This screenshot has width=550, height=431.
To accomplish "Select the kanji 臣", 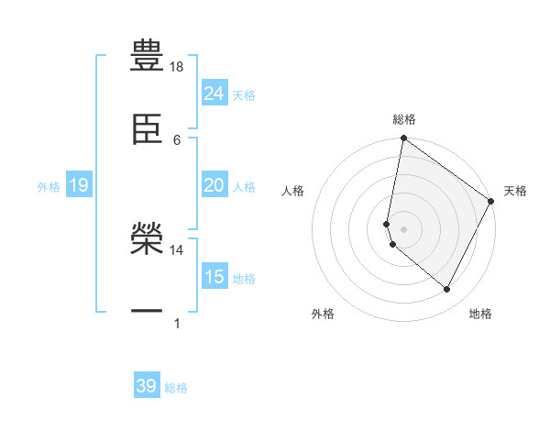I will point(147,127).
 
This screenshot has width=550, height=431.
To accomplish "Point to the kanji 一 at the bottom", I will point(147,312).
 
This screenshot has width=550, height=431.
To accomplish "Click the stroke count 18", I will point(177,67).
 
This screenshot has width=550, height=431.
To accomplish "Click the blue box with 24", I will point(214,94).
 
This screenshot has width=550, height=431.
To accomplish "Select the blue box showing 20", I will point(214,185).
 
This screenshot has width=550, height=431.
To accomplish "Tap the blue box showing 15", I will point(214,277).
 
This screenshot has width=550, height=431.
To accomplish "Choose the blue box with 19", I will point(79,186).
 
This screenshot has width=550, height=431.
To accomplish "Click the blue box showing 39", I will point(147,386).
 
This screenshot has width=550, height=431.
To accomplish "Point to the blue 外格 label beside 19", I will point(49,187).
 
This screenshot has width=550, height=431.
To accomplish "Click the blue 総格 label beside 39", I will point(176,388).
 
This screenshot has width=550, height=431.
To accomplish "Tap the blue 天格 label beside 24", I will point(244,95).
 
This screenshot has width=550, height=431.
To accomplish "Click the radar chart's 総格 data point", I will point(403,139).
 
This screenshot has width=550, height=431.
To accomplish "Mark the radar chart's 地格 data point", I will point(447,290).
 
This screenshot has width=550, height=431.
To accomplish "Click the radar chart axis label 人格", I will point(293,191).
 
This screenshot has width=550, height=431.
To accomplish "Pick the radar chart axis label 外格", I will point(323,314).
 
